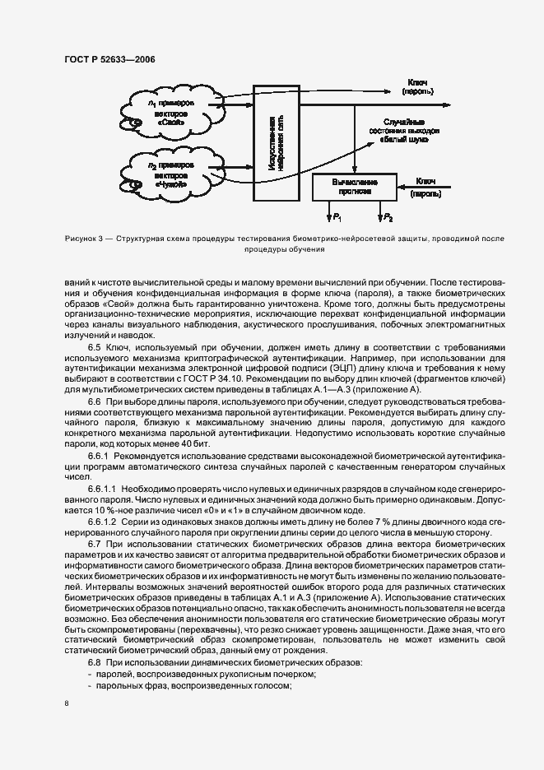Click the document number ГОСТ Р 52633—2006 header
109,60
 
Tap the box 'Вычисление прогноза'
355,186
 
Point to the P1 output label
337,217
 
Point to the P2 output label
388,217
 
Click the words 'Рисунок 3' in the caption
85,239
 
